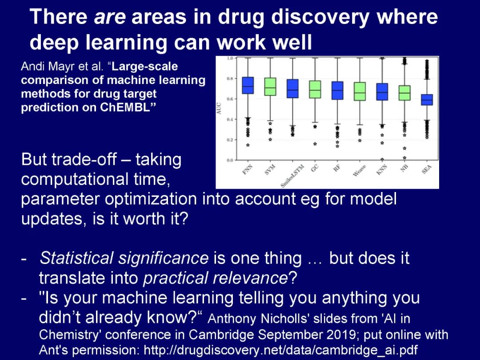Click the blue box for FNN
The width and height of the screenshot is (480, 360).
[248, 85]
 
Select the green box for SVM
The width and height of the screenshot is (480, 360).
[270, 87]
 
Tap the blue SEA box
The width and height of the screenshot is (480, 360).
[427, 100]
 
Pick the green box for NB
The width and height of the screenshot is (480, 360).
[405, 93]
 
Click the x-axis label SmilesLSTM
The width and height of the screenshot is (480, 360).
[292, 176]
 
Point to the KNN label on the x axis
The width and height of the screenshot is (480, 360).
[382, 170]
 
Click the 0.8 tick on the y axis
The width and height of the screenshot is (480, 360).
[230, 79]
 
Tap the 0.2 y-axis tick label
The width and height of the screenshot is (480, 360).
[230, 140]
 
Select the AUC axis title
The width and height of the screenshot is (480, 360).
[219, 109]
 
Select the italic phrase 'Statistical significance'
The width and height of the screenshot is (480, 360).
[124, 258]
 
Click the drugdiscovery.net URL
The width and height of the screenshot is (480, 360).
[281, 350]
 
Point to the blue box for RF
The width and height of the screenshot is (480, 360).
[337, 91]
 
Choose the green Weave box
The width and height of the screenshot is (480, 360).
[360, 91]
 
